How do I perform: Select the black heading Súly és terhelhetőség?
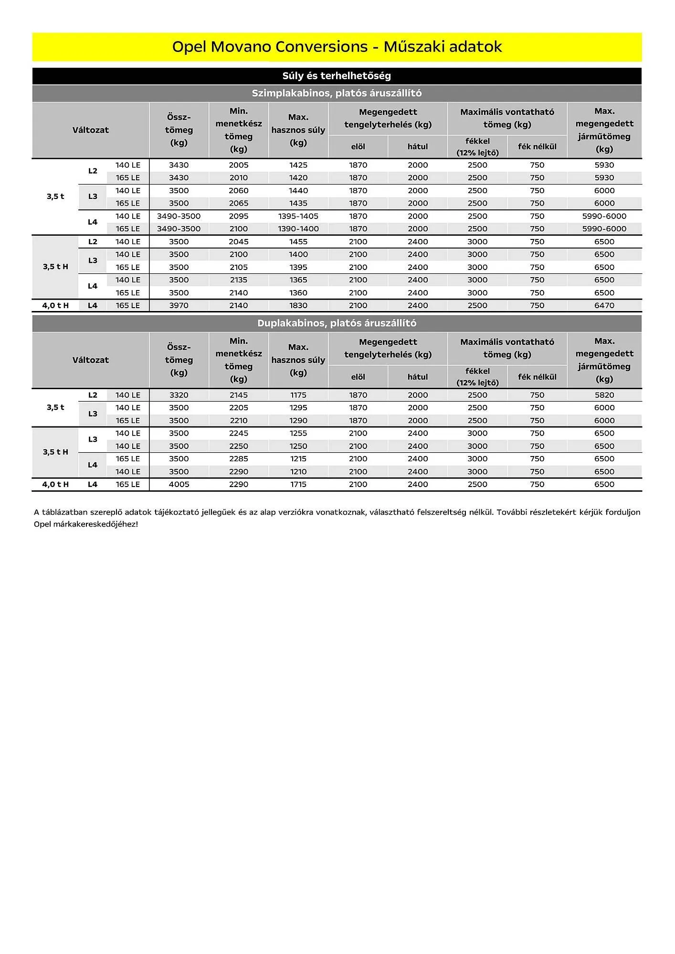click(x=337, y=76)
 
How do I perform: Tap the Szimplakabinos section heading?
click(x=337, y=93)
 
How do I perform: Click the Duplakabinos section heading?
click(x=337, y=323)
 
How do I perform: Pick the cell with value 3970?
click(x=179, y=306)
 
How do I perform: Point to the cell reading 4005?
click(x=179, y=485)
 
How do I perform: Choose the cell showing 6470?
click(x=604, y=306)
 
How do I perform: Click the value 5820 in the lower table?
click(x=604, y=395)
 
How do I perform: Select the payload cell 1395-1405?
click(x=298, y=216)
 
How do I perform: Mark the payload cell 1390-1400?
click(x=298, y=229)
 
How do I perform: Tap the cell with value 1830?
click(x=298, y=306)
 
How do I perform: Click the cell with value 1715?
click(x=298, y=485)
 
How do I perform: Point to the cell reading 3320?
click(x=179, y=395)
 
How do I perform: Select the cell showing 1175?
click(x=298, y=395)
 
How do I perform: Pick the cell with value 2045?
click(x=239, y=242)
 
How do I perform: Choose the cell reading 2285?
click(x=239, y=459)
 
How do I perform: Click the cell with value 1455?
click(x=298, y=242)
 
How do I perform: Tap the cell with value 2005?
click(x=239, y=165)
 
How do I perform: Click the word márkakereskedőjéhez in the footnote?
click(x=94, y=524)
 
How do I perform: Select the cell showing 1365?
click(x=298, y=280)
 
